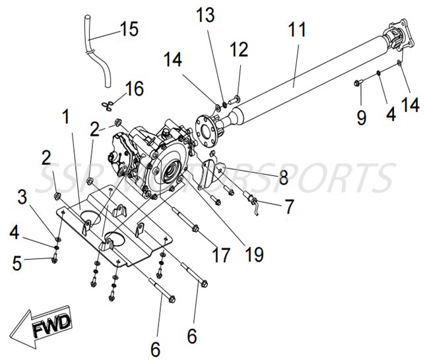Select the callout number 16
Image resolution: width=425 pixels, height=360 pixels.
(x=135, y=88)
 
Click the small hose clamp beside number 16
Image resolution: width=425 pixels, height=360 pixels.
(x=110, y=104)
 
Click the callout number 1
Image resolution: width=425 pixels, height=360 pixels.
(x=66, y=117)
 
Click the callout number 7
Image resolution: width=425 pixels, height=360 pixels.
(x=288, y=207)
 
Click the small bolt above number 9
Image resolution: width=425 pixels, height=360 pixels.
(x=358, y=82)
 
